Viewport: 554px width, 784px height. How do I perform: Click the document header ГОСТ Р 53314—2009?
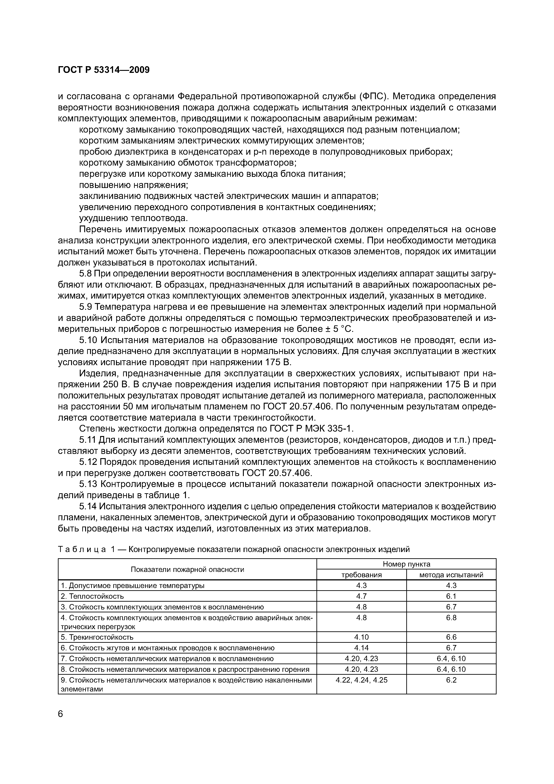[104, 70]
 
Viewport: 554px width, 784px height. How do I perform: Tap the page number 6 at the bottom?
[61, 714]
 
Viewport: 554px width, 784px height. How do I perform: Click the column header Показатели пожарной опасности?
[187, 569]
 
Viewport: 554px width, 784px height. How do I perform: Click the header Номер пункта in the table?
[406, 564]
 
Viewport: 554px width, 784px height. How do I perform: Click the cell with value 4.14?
[362, 648]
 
